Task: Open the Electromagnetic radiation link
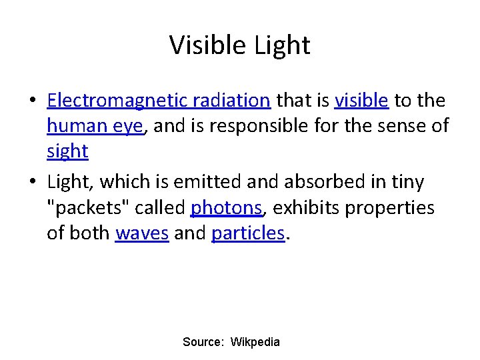(x=159, y=101)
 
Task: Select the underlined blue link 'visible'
(x=361, y=101)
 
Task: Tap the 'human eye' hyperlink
(x=95, y=126)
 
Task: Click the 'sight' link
(x=67, y=151)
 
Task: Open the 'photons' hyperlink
(x=226, y=208)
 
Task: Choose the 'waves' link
(x=142, y=233)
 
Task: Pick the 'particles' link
(x=248, y=233)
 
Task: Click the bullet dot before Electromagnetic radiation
(x=31, y=101)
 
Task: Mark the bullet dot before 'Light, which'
(x=31, y=182)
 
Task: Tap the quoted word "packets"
(x=88, y=208)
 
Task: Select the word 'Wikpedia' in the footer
(x=255, y=342)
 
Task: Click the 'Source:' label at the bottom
(x=203, y=342)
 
